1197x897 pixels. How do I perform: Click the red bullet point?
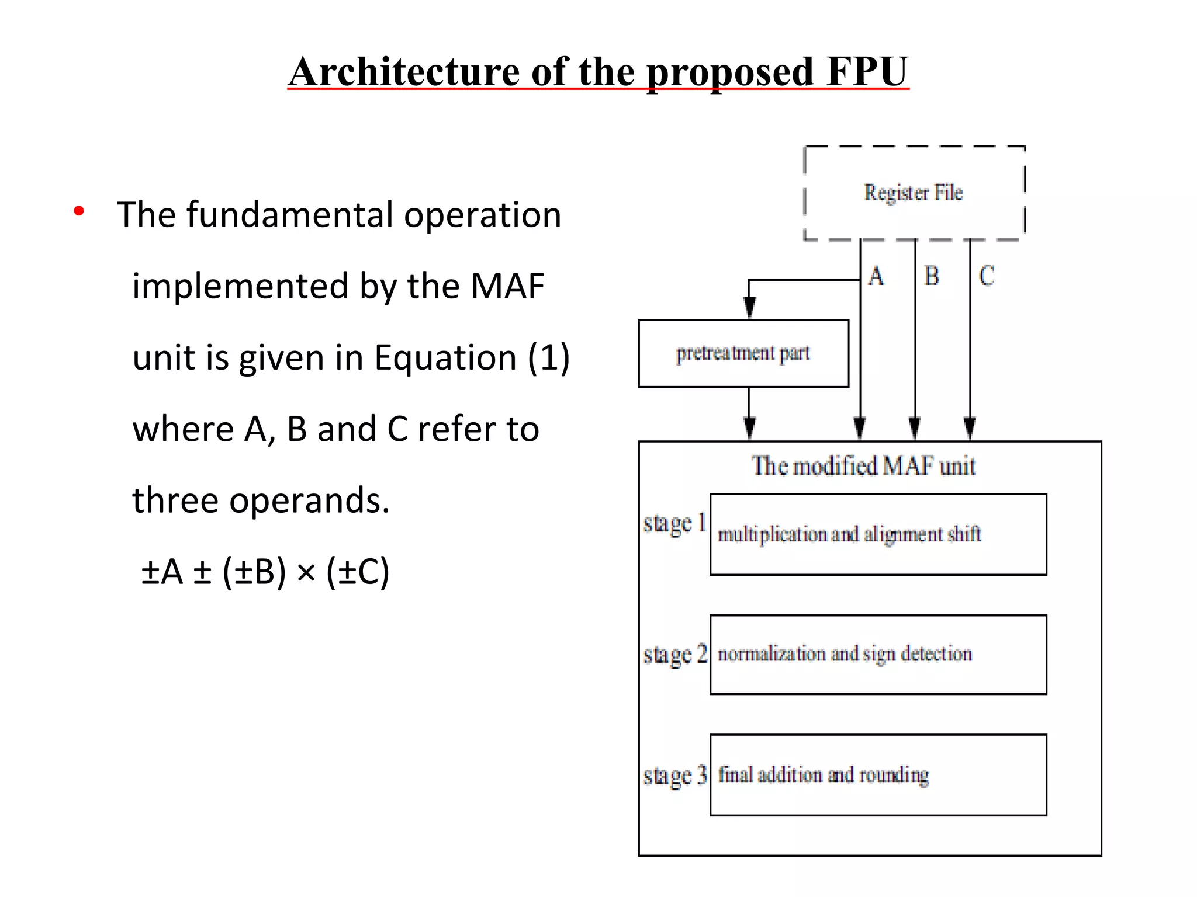[79, 211]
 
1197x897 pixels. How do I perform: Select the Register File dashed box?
[914, 193]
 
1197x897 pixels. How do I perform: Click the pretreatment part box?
[743, 353]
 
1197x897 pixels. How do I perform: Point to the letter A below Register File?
[876, 276]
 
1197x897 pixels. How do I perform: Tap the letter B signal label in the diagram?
[932, 276]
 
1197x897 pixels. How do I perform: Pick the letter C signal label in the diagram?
[987, 276]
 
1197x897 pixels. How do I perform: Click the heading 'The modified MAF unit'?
[864, 466]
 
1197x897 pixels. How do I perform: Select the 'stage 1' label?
[675, 523]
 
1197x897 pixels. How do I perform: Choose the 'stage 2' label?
[675, 655]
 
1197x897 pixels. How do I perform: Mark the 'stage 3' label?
[675, 776]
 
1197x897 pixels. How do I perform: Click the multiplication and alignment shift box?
[878, 534]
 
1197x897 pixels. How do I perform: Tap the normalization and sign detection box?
[878, 655]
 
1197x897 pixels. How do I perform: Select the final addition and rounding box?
[878, 775]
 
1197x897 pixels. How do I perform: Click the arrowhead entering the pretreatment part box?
[749, 308]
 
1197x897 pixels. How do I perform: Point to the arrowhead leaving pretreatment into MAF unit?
[749, 429]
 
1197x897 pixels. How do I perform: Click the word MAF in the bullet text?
[507, 286]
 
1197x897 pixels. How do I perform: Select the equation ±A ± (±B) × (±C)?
[265, 571]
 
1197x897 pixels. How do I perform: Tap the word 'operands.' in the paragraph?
[309, 500]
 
